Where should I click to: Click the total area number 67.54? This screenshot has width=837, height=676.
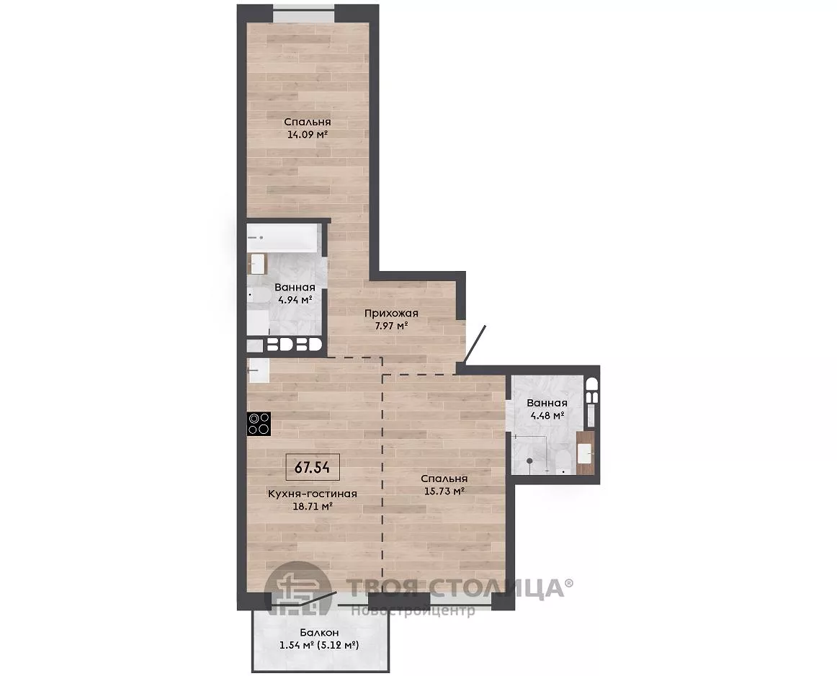click(x=313, y=468)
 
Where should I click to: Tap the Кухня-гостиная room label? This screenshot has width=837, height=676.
click(x=313, y=494)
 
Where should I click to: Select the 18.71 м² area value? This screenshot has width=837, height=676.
click(x=313, y=506)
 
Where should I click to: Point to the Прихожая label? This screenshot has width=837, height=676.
click(x=391, y=313)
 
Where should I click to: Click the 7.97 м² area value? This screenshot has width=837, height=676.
click(x=391, y=325)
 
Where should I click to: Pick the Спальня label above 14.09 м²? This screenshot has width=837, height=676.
click(x=307, y=123)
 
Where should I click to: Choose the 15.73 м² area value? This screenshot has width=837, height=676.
click(x=444, y=491)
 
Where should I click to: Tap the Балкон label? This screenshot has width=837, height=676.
click(x=318, y=633)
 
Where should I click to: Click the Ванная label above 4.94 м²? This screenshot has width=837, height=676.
click(x=295, y=288)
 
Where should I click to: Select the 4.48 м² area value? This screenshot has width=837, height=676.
click(x=547, y=415)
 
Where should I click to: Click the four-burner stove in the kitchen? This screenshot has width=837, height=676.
click(x=259, y=424)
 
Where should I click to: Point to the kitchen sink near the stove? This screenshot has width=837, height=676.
click(x=259, y=370)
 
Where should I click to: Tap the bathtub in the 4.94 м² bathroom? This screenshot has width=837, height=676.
click(x=283, y=238)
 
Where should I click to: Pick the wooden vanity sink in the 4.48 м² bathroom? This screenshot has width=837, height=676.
click(x=586, y=453)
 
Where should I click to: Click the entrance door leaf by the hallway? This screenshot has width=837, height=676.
click(x=475, y=344)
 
